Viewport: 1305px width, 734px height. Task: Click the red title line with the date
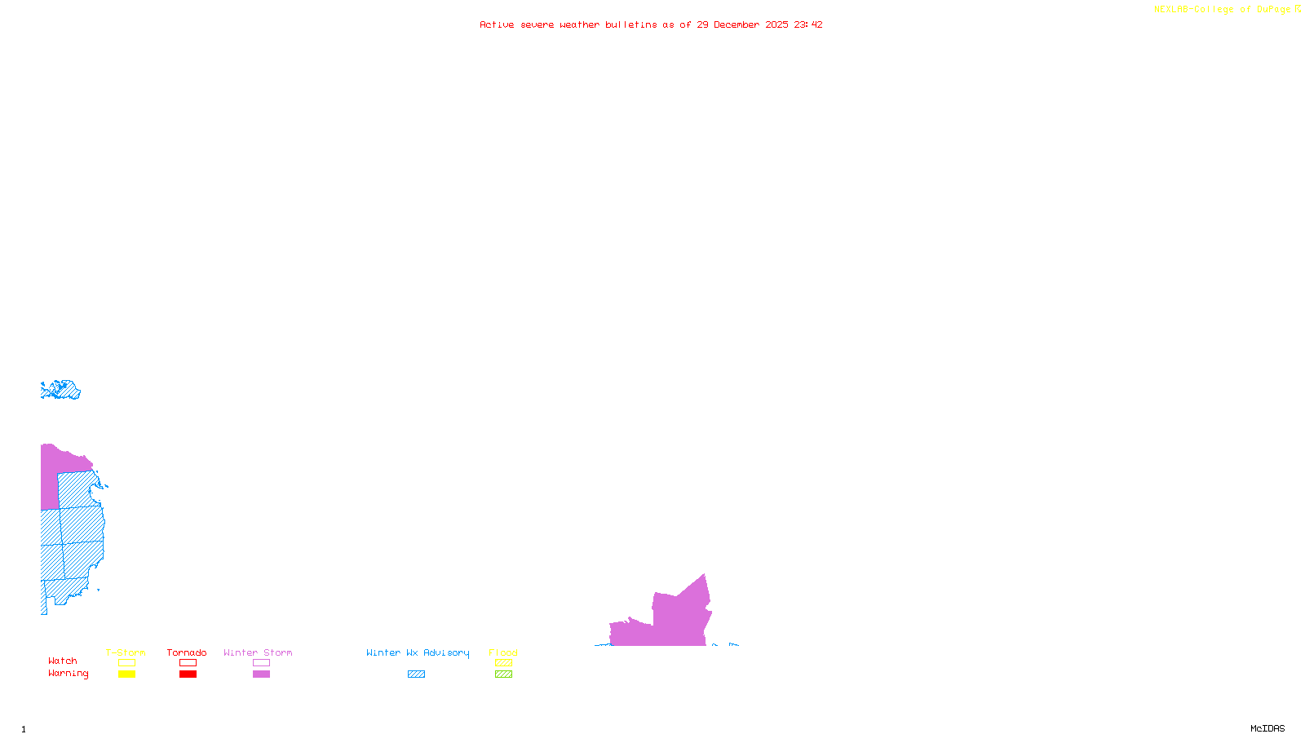(651, 25)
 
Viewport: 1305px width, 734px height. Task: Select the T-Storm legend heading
(126, 652)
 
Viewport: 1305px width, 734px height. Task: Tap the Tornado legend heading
(187, 652)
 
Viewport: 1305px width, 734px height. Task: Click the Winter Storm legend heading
(258, 652)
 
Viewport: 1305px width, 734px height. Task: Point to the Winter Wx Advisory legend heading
(418, 652)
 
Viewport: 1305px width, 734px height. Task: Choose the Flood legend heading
(503, 652)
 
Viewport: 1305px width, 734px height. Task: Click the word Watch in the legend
(63, 661)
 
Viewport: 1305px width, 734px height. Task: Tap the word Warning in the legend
(69, 674)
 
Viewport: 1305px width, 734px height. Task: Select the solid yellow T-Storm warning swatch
(126, 674)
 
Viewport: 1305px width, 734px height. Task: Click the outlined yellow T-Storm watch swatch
(126, 663)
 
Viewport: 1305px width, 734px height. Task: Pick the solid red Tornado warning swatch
(188, 674)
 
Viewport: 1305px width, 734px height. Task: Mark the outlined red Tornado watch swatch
(188, 663)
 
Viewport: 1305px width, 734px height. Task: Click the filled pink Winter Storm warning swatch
(261, 674)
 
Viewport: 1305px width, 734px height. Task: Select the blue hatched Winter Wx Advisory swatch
(416, 674)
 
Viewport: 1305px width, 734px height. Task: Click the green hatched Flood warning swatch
(503, 674)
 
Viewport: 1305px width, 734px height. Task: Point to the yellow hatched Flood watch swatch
(503, 663)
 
